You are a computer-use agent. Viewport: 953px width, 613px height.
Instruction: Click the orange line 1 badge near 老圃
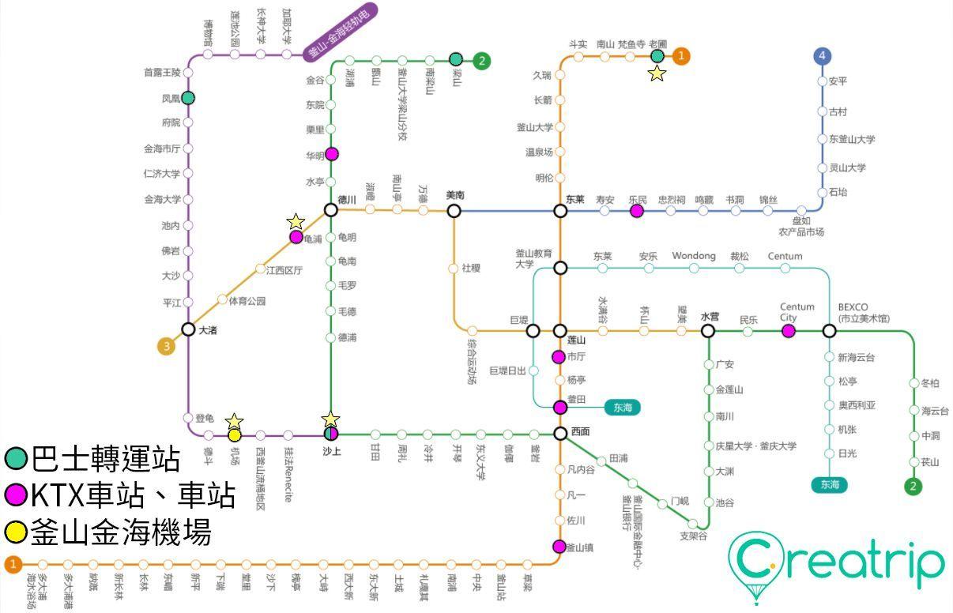click(x=681, y=56)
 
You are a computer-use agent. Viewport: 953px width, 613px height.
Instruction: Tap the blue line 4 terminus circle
click(x=823, y=56)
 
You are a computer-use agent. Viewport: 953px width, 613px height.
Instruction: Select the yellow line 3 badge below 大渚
click(x=166, y=346)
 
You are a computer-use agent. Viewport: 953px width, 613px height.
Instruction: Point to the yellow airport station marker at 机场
click(x=234, y=434)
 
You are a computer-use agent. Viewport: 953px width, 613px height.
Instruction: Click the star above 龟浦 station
click(x=296, y=222)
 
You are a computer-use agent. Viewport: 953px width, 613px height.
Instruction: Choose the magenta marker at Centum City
click(x=788, y=331)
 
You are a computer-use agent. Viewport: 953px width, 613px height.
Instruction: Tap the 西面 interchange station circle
click(x=560, y=433)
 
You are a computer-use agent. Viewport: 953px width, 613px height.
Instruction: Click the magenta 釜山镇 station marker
click(x=559, y=547)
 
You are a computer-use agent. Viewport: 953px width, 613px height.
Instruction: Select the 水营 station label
click(x=709, y=317)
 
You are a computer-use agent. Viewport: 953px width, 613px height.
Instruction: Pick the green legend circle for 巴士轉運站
click(x=15, y=458)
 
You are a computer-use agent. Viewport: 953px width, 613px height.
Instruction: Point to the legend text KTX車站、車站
click(x=132, y=496)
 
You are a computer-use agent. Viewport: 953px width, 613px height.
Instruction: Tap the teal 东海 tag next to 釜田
click(x=621, y=408)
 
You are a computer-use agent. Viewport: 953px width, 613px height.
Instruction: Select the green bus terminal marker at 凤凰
click(x=188, y=98)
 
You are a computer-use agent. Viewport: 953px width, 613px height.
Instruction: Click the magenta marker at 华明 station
click(x=331, y=153)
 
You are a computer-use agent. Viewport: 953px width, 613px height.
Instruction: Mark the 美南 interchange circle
click(x=454, y=210)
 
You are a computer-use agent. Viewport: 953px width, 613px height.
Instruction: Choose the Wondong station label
click(x=693, y=256)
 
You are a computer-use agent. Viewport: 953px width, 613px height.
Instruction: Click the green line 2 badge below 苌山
click(x=913, y=487)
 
